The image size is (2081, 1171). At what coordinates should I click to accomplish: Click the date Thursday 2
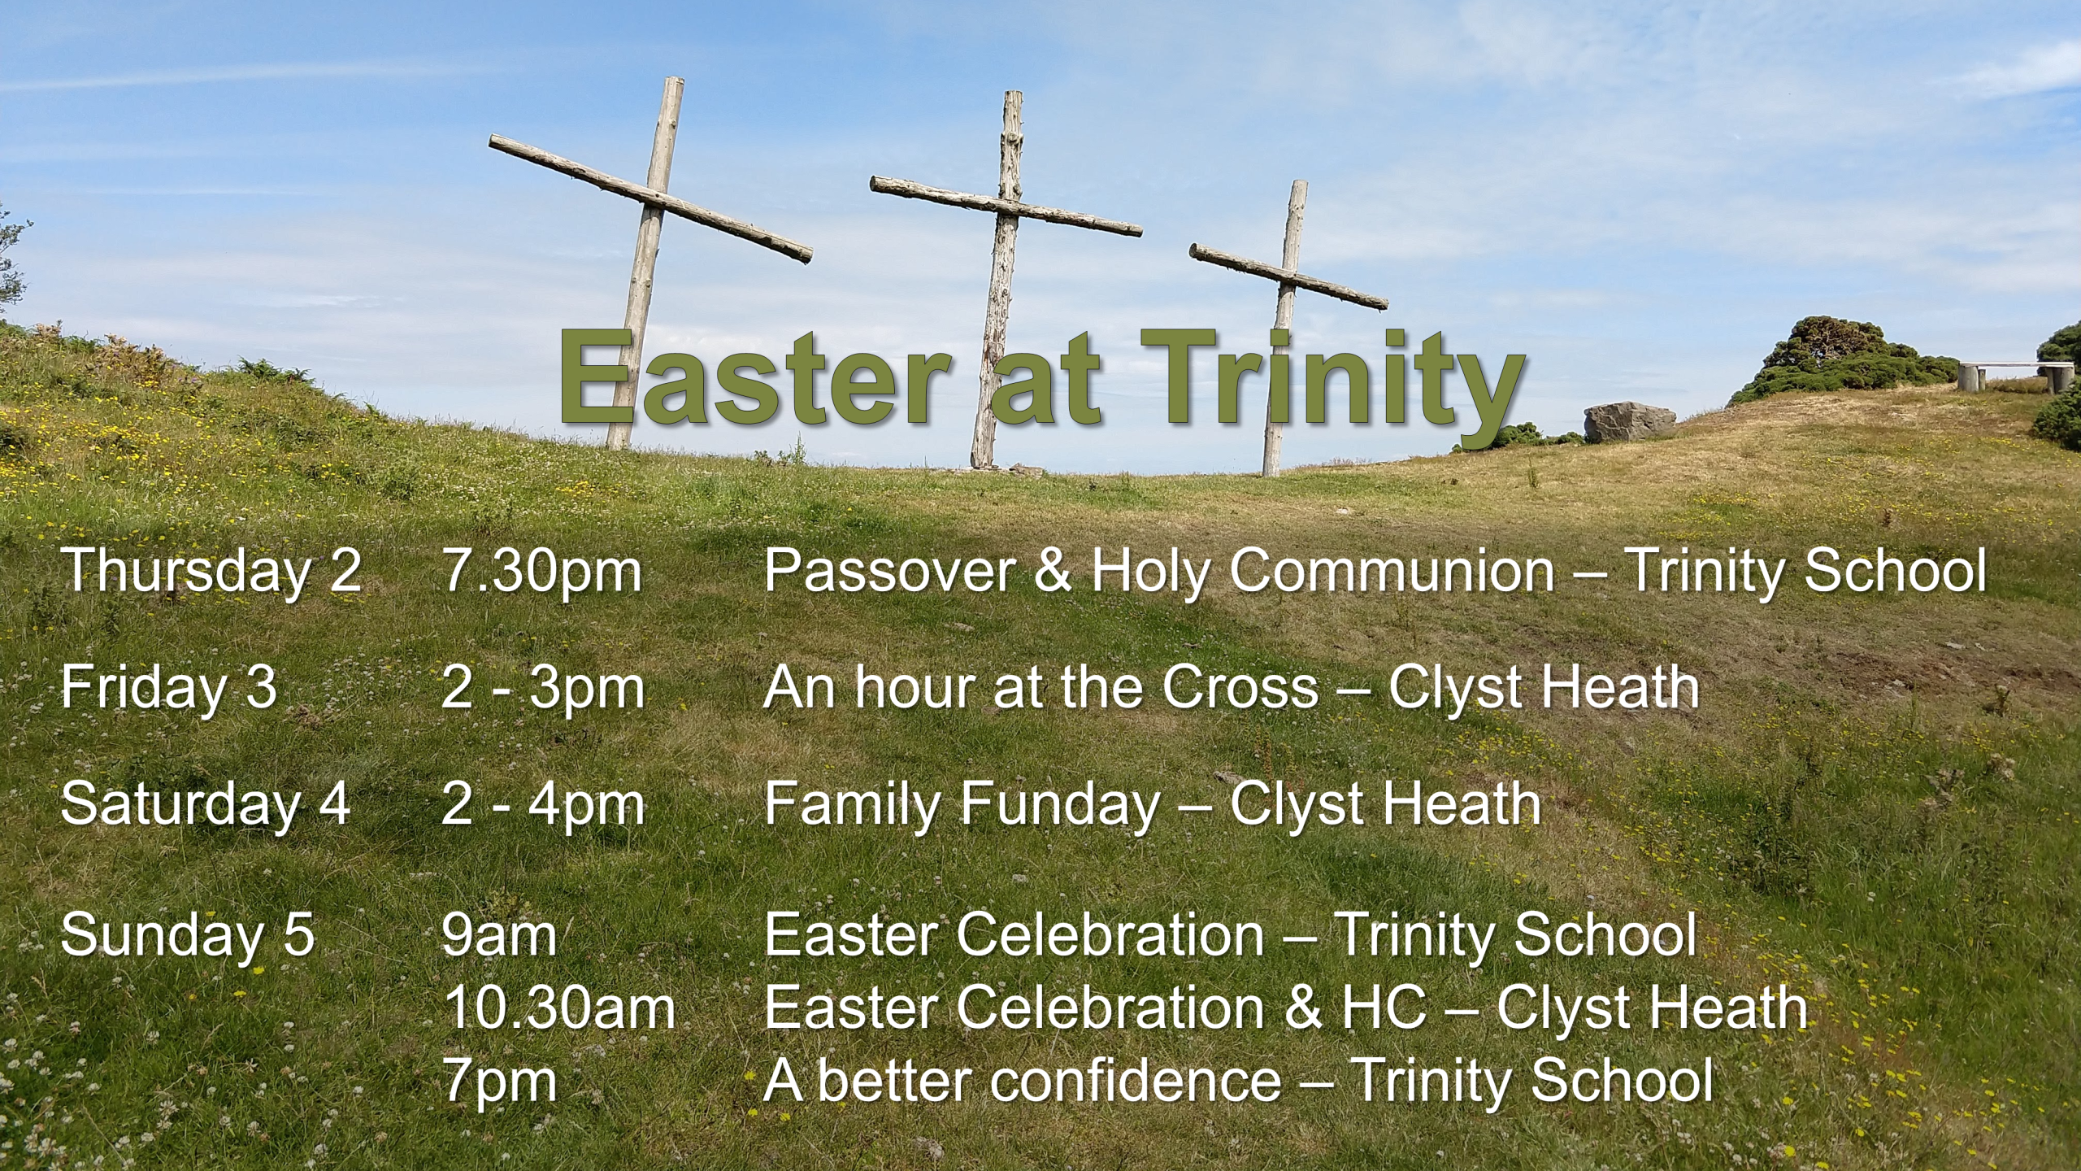(x=211, y=571)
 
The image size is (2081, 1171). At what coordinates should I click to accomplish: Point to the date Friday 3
(x=168, y=688)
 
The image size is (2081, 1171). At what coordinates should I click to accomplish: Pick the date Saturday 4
(x=205, y=805)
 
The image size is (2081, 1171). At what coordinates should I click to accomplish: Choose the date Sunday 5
(x=187, y=935)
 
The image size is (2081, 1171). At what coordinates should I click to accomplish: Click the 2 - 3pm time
(x=542, y=688)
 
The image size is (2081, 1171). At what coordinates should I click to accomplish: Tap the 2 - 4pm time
(x=542, y=805)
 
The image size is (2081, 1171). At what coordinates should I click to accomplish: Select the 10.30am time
(x=558, y=1008)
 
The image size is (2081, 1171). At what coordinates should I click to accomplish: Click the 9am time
(x=498, y=935)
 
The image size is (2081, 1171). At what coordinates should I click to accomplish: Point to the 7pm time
(x=498, y=1082)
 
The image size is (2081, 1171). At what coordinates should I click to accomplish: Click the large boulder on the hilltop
(x=1629, y=422)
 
